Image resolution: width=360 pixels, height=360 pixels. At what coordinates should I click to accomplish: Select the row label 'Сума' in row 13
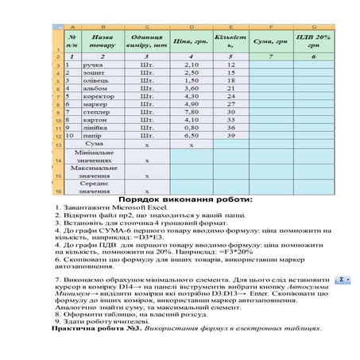coord(93,145)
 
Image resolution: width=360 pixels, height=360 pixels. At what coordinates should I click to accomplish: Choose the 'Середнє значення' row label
coord(93,188)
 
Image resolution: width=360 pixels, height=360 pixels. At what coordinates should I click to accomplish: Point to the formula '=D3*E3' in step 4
coord(163,236)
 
